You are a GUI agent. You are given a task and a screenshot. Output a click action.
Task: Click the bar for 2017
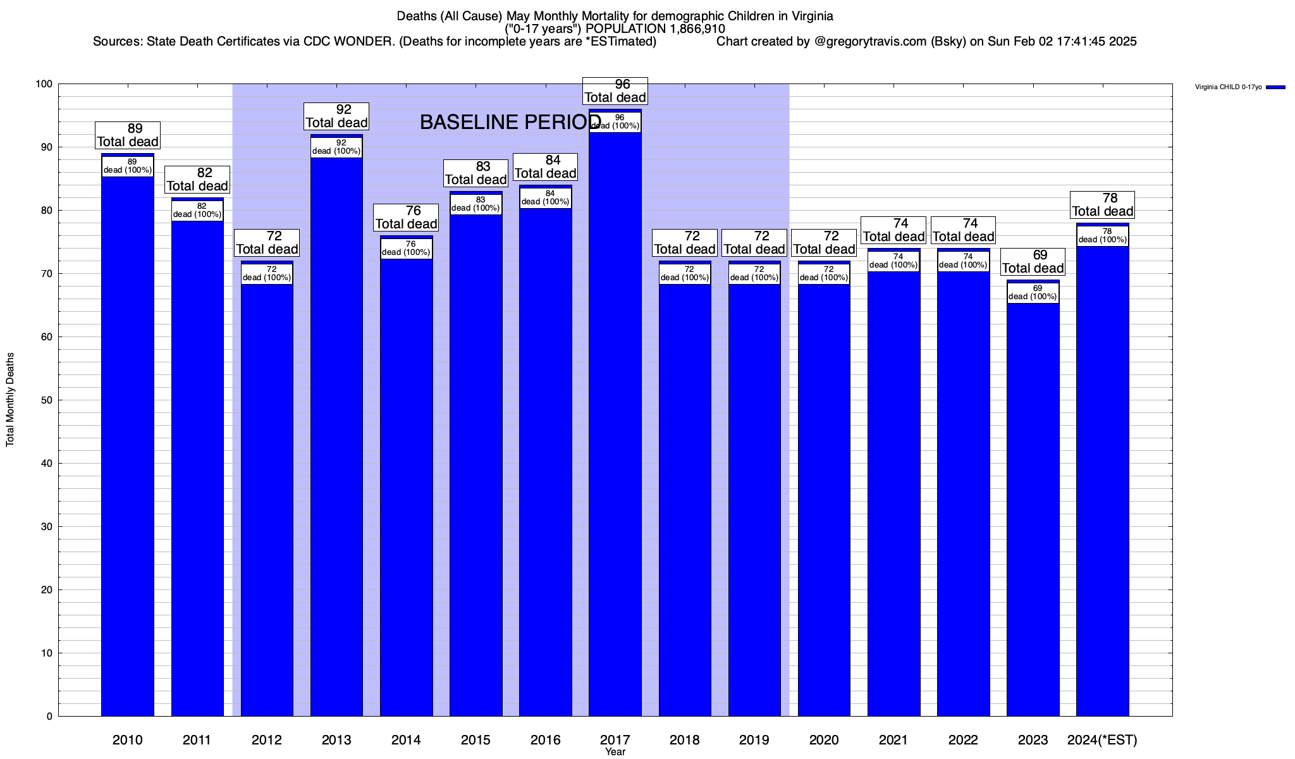(x=615, y=417)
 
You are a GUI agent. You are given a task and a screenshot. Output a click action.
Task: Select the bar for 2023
(x=1033, y=506)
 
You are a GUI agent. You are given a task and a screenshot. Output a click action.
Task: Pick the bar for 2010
(x=128, y=443)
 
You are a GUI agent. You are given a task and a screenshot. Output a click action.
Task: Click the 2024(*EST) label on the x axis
(x=1102, y=740)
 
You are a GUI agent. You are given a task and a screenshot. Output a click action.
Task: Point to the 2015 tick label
(x=476, y=740)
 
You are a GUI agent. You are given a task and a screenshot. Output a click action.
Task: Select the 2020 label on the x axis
(x=824, y=740)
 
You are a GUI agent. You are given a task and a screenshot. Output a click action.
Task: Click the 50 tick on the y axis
(x=47, y=400)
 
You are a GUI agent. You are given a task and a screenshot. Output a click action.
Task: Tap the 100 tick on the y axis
(x=44, y=84)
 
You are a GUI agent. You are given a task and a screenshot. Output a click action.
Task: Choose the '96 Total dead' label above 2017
(x=615, y=91)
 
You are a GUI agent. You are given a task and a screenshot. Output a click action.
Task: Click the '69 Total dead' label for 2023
(x=1033, y=262)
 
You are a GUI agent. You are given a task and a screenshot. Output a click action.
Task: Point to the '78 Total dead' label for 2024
(x=1103, y=205)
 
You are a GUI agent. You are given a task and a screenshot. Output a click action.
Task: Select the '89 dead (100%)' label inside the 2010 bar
(x=128, y=166)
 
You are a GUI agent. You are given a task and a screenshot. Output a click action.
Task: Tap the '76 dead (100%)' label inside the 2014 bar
(x=406, y=249)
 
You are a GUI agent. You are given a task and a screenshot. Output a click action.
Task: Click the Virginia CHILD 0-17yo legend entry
(x=1239, y=87)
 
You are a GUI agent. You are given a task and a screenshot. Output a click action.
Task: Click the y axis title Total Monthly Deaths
(x=10, y=400)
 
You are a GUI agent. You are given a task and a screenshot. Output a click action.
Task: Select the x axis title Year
(x=615, y=752)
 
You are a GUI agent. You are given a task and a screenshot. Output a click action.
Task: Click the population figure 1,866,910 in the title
(x=695, y=29)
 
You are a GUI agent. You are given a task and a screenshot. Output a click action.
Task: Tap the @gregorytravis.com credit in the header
(x=866, y=42)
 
